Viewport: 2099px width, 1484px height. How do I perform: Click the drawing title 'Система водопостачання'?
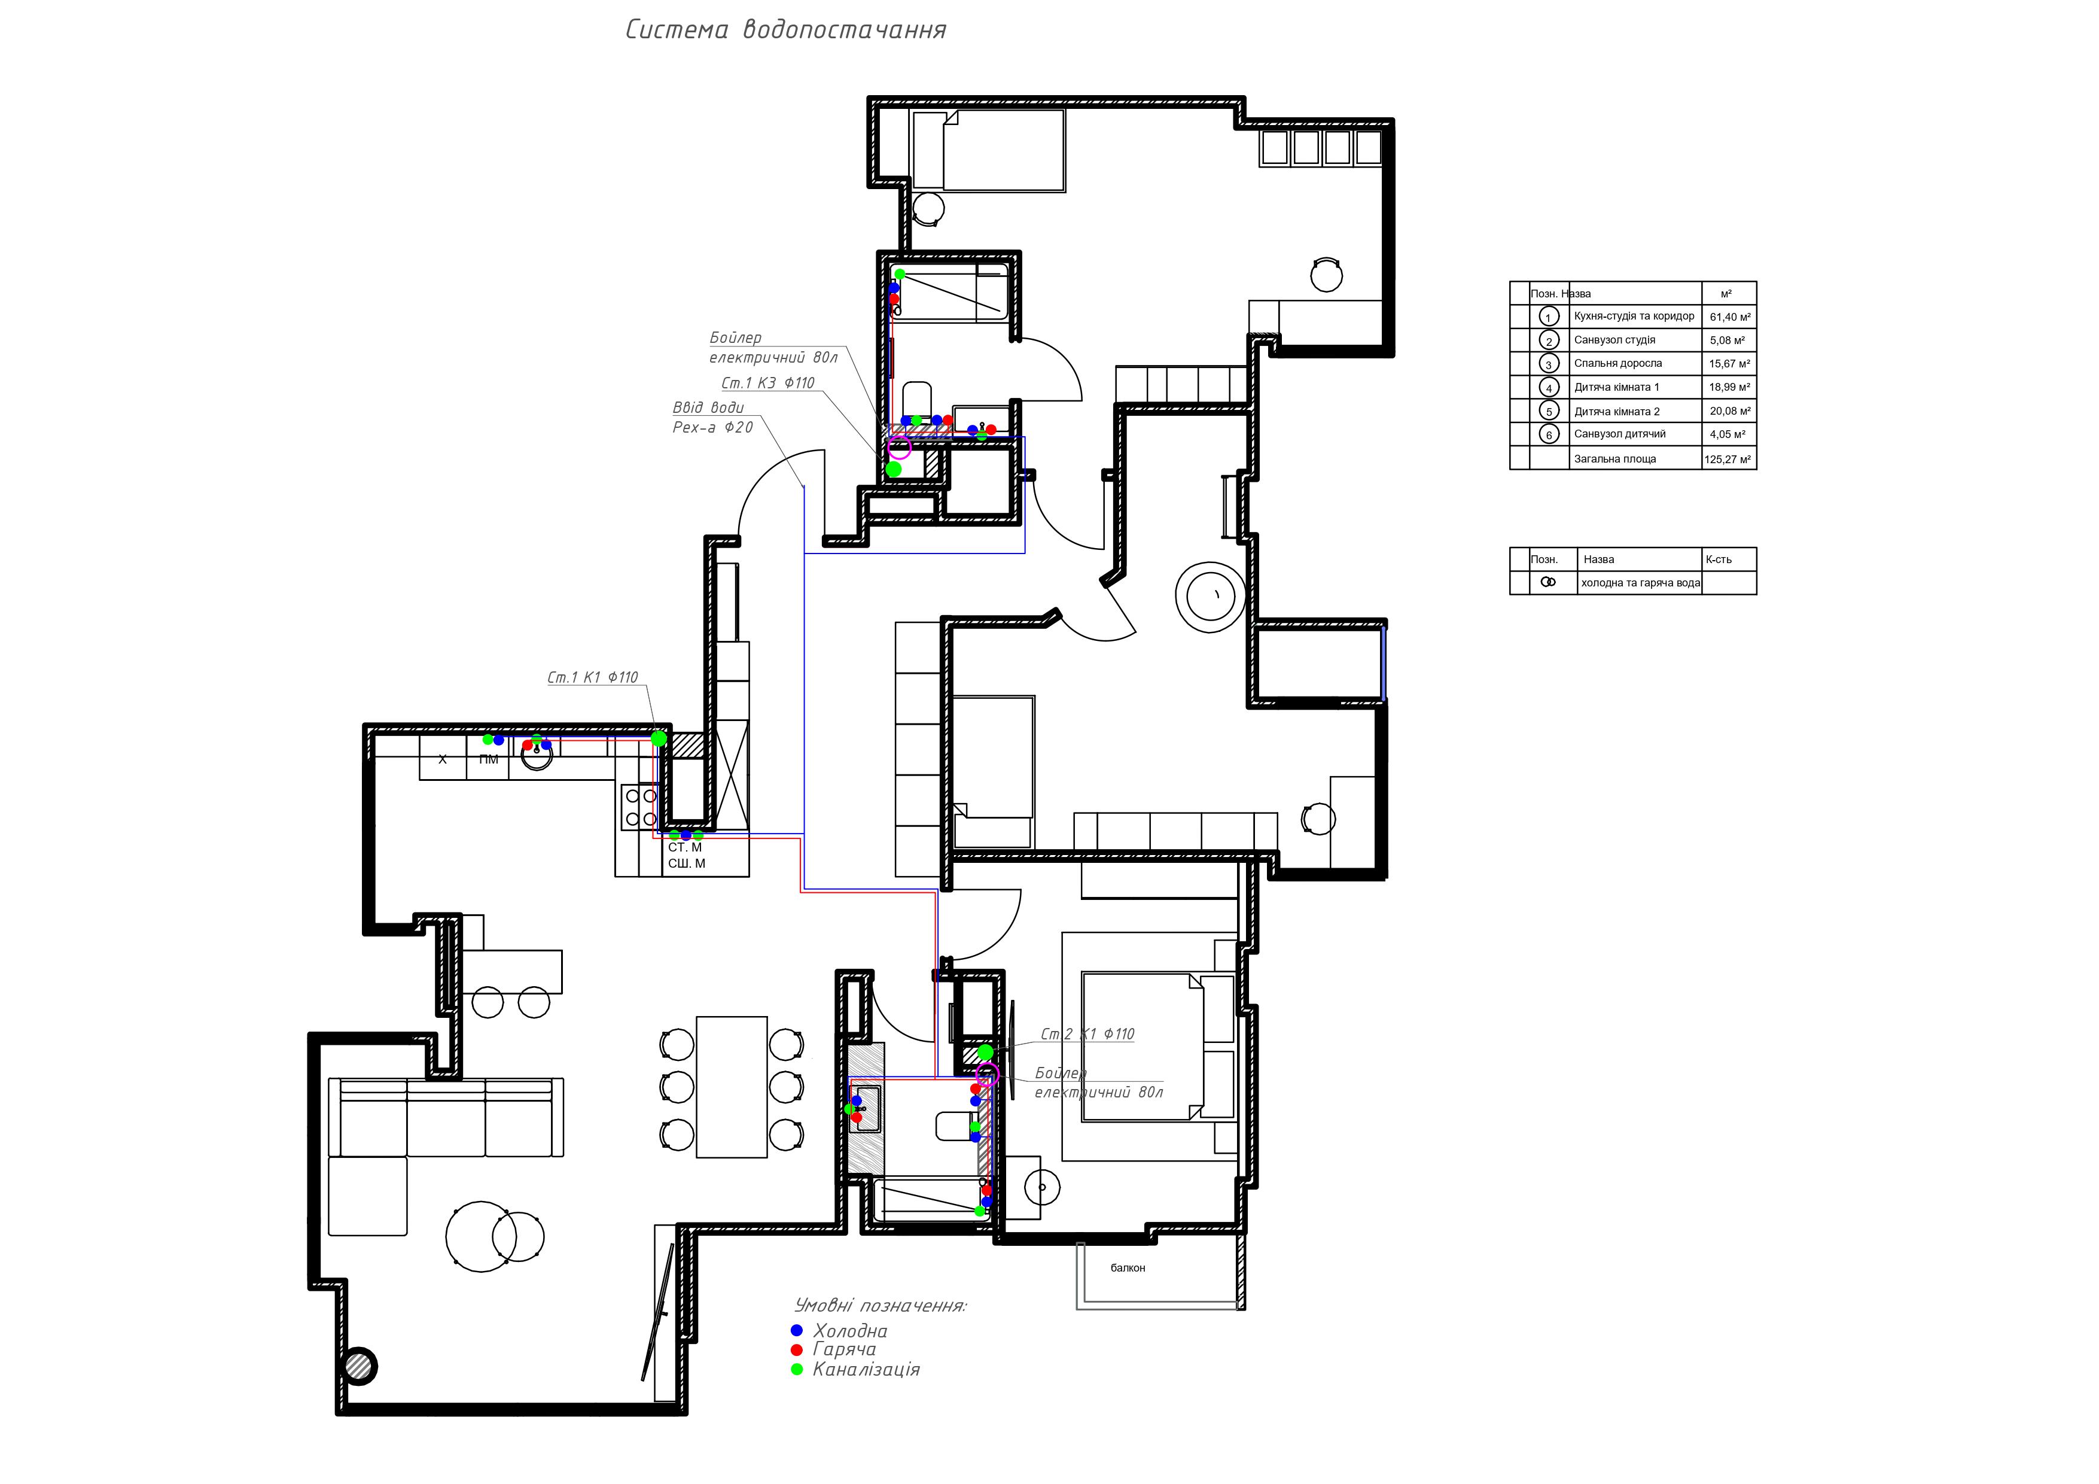pyautogui.click(x=785, y=29)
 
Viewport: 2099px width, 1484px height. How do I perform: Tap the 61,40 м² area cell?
pyautogui.click(x=1730, y=317)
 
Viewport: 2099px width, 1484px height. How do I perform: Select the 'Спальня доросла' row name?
pyautogui.click(x=1617, y=363)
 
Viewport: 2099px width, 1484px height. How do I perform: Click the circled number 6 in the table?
pyautogui.click(x=1549, y=435)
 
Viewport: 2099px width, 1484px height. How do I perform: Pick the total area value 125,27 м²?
pyautogui.click(x=1728, y=459)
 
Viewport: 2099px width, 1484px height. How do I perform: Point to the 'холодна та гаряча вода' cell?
pyautogui.click(x=1640, y=582)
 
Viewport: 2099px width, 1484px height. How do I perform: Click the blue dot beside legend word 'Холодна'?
pyautogui.click(x=796, y=1330)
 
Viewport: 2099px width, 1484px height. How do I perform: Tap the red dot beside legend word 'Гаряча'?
pyautogui.click(x=796, y=1349)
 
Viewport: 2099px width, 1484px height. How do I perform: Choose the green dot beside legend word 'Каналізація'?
pyautogui.click(x=796, y=1369)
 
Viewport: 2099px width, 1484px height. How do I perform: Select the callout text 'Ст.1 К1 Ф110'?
pyautogui.click(x=592, y=677)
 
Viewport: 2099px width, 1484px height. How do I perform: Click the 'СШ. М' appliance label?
pyautogui.click(x=687, y=863)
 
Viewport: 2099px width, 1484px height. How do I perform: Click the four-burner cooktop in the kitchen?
pyautogui.click(x=640, y=807)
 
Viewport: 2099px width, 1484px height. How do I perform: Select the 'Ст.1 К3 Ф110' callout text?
pyautogui.click(x=768, y=383)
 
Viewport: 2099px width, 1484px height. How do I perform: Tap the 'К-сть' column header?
pyautogui.click(x=1718, y=559)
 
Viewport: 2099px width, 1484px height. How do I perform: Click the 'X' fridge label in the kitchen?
pyautogui.click(x=443, y=759)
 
